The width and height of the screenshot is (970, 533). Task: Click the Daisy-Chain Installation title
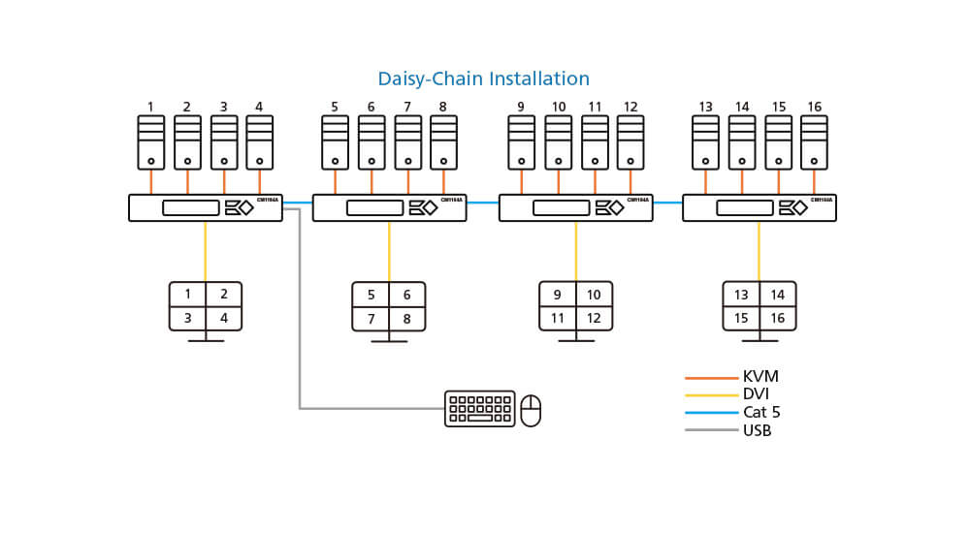click(x=483, y=78)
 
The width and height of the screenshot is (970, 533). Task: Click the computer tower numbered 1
click(x=151, y=142)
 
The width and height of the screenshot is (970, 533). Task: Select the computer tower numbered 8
click(x=443, y=142)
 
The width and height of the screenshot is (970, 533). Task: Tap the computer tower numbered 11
click(x=595, y=142)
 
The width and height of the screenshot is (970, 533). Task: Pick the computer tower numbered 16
click(x=814, y=142)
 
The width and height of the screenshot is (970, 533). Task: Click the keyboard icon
click(x=479, y=408)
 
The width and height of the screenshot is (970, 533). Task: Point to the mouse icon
click(x=531, y=410)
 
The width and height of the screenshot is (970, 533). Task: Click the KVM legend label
click(x=760, y=377)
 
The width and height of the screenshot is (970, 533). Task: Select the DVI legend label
click(x=756, y=394)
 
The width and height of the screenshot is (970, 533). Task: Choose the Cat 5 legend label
click(x=761, y=412)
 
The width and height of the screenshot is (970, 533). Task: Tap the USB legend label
click(x=757, y=430)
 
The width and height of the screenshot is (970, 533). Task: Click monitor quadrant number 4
click(x=224, y=318)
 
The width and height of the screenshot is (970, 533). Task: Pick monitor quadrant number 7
click(x=371, y=318)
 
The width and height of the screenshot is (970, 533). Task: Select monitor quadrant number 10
click(x=594, y=295)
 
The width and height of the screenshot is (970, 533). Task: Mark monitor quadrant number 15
click(x=741, y=318)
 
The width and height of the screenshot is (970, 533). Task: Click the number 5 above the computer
click(x=335, y=107)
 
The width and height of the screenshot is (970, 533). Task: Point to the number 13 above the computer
click(x=705, y=107)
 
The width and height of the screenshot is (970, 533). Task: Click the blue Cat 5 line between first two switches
click(x=297, y=203)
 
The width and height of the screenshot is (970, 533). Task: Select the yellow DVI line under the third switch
click(x=575, y=251)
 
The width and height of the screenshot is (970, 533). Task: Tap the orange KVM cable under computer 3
click(x=224, y=182)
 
